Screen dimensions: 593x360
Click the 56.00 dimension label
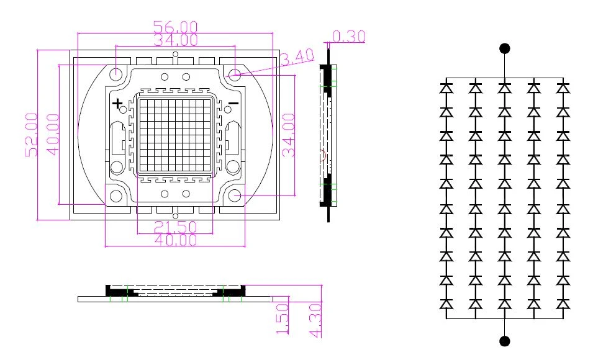[x=176, y=27]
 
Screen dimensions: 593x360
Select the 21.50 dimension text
[x=176, y=227]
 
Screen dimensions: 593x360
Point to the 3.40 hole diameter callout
[x=297, y=57]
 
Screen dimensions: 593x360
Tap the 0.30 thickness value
[x=349, y=36]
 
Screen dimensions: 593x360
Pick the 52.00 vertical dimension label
[x=32, y=135]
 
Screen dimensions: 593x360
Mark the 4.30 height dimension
[x=315, y=320]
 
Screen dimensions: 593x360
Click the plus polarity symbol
[x=117, y=103]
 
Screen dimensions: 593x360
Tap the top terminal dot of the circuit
[x=504, y=48]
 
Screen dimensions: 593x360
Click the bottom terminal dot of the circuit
[x=504, y=341]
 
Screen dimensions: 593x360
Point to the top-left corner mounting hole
[x=115, y=73]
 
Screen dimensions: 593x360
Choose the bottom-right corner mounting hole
[x=235, y=196]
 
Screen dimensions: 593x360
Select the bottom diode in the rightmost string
[x=563, y=304]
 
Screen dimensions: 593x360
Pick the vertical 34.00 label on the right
[x=289, y=135]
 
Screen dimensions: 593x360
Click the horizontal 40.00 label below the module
[x=176, y=240]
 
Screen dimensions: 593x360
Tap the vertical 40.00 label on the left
[x=53, y=135]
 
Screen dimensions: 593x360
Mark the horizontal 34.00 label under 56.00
[x=176, y=39]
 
